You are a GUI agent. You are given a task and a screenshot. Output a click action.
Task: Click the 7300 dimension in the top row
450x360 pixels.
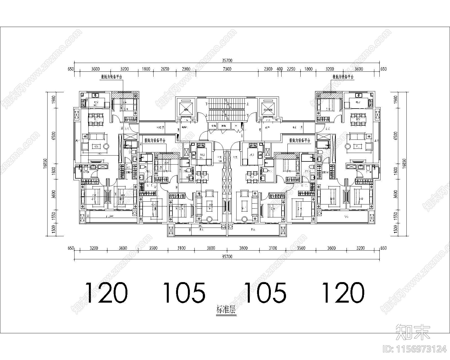[x=227, y=69]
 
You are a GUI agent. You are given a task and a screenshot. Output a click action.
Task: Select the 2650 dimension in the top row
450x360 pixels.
[x=165, y=69]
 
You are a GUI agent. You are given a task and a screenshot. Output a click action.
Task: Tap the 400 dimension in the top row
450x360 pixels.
[x=280, y=69]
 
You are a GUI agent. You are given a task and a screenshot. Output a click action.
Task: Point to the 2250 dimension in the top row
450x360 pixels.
[x=291, y=69]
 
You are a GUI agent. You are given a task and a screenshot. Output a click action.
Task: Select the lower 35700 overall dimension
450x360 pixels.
[x=227, y=256]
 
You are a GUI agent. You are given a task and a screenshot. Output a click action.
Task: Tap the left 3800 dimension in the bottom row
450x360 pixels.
[x=211, y=248]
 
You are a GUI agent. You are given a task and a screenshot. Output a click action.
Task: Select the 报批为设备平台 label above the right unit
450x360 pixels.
[x=343, y=77]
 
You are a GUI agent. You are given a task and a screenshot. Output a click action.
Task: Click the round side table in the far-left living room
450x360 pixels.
[x=106, y=146]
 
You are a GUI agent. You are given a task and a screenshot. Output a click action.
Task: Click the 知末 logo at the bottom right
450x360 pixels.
[x=413, y=332]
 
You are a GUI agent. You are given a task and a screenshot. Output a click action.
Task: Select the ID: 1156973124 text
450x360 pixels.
[x=415, y=349]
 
